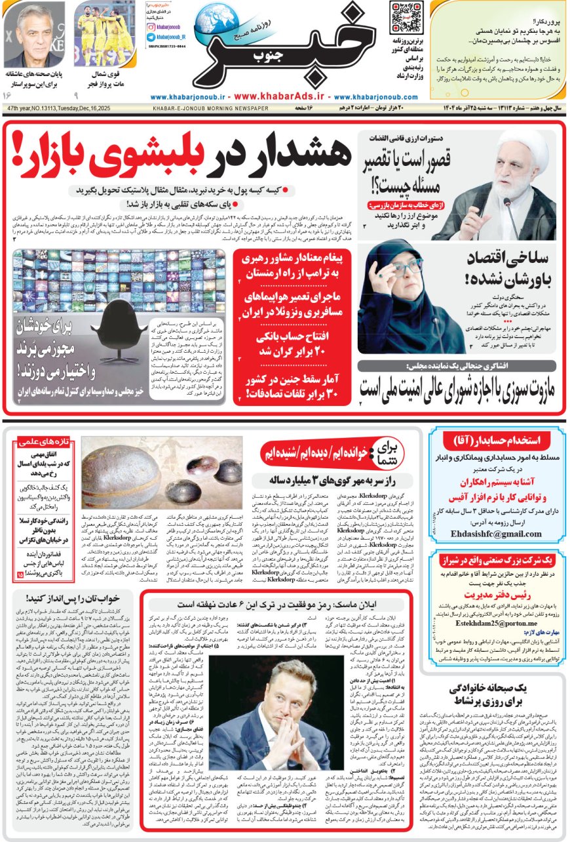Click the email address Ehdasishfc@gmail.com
(x=496, y=533)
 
